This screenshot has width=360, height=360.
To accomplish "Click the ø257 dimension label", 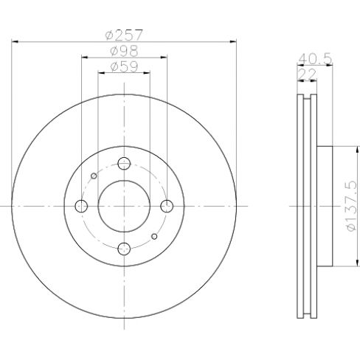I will [x=124, y=35].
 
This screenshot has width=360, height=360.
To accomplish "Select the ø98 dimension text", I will [x=124, y=51].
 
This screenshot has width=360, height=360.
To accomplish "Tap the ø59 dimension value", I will [x=124, y=66].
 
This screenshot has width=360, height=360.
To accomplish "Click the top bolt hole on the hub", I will [x=125, y=163].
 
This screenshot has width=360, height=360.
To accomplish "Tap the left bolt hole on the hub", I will [x=82, y=206].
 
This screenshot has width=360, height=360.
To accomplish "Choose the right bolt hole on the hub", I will [x=167, y=206].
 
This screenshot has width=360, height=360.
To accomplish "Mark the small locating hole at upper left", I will [x=94, y=176].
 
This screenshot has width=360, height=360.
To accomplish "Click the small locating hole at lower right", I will [x=154, y=236].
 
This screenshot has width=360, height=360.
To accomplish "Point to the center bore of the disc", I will [x=125, y=206].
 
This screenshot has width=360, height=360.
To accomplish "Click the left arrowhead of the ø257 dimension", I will [x=15, y=42].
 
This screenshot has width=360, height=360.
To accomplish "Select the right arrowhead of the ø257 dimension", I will [x=233, y=42].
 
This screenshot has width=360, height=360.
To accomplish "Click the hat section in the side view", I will [x=325, y=206].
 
